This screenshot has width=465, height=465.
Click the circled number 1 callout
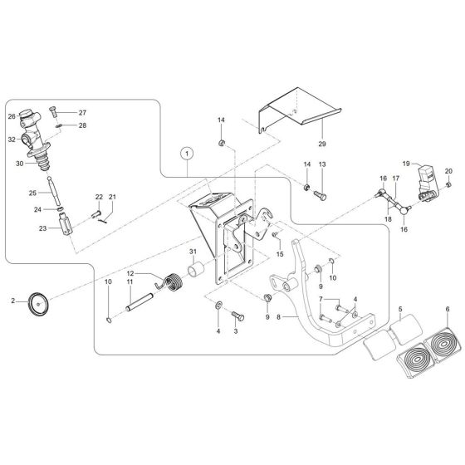coord(188,153)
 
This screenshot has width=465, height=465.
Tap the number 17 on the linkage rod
coord(395,178)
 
